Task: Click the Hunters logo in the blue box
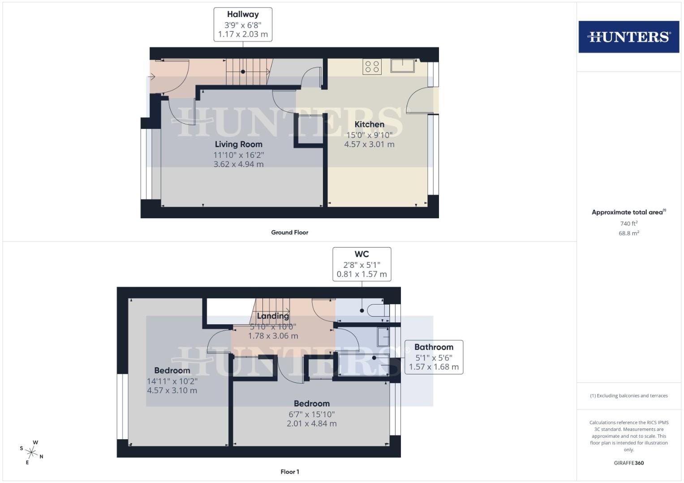click(x=628, y=37)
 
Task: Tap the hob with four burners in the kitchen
click(x=372, y=67)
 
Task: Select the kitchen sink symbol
click(x=402, y=66)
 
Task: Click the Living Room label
click(x=238, y=144)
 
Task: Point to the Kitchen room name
click(x=369, y=124)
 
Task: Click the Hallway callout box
click(x=243, y=24)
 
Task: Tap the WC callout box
click(x=361, y=264)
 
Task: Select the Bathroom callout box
click(x=434, y=357)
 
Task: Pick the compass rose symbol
click(x=32, y=452)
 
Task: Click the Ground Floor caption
click(x=289, y=232)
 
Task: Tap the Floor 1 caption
click(x=289, y=471)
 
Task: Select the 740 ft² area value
click(x=628, y=223)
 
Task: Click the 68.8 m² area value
click(x=628, y=233)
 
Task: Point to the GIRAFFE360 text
click(x=628, y=463)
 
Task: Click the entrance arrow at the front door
click(x=151, y=76)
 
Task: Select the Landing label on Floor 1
click(x=272, y=316)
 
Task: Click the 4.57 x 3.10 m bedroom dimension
click(x=172, y=390)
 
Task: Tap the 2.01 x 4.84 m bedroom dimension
click(x=312, y=423)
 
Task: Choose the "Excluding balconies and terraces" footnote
click(x=628, y=395)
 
